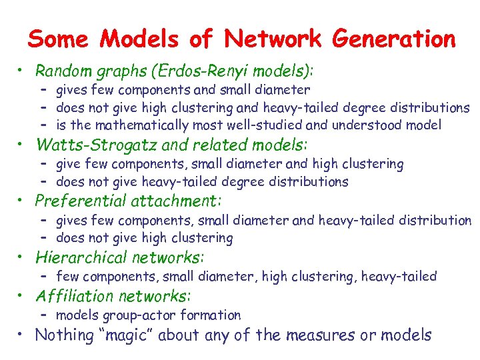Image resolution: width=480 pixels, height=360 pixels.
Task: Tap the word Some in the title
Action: coord(57,39)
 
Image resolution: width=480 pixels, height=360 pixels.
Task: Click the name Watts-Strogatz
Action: coord(93,145)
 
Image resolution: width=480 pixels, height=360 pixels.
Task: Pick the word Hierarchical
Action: coord(81,257)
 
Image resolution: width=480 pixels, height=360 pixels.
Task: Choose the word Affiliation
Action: coord(74,296)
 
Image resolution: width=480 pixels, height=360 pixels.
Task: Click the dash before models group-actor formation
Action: coord(45,315)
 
